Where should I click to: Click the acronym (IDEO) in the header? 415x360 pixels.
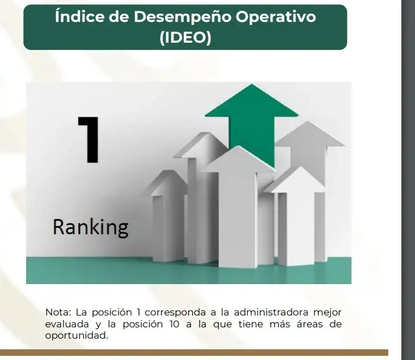(x=185, y=38)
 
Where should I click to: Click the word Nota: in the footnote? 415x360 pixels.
(x=58, y=312)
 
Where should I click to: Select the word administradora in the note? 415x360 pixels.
(x=270, y=312)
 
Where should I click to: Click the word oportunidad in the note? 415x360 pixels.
(x=76, y=335)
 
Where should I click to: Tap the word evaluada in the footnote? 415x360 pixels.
(x=68, y=324)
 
